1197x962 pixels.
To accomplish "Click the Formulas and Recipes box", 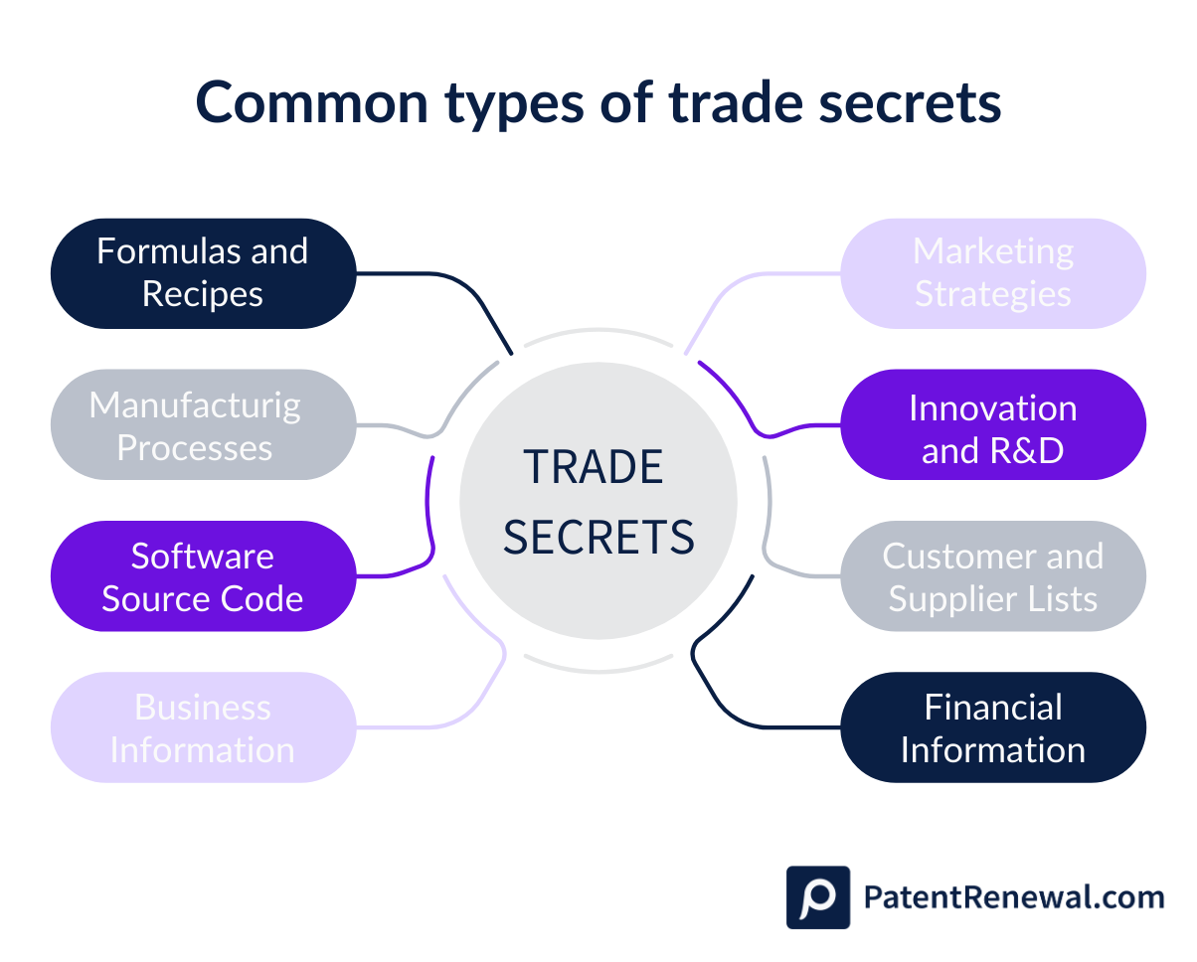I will tap(203, 273).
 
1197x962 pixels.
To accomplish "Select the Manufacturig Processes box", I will tap(203, 425).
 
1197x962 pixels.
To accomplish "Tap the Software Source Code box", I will tap(203, 576).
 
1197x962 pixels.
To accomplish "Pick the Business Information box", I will tap(203, 727).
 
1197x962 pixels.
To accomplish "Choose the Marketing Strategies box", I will tap(993, 273).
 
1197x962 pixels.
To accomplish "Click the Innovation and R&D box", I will tap(993, 425).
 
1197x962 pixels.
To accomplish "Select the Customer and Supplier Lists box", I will tap(993, 576).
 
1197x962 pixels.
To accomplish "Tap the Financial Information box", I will tap(993, 727).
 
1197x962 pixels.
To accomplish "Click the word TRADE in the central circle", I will tap(594, 467).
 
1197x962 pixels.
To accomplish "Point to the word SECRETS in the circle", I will tap(598, 537).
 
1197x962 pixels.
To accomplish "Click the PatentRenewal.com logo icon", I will tap(817, 897).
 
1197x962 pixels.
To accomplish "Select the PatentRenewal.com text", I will tap(1013, 897).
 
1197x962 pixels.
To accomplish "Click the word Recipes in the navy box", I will tap(203, 294).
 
